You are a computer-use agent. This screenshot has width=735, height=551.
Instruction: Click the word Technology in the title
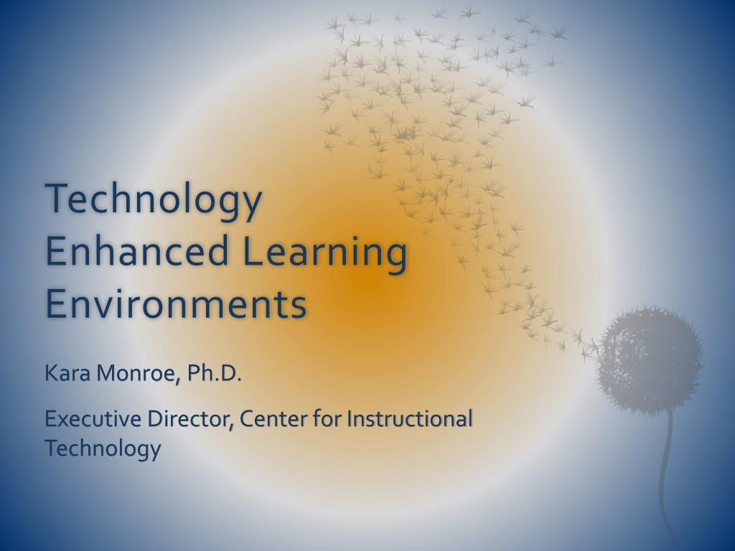[x=153, y=200]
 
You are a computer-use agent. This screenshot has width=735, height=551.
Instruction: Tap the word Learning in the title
[x=324, y=253]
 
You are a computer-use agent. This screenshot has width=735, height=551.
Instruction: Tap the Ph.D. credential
[x=215, y=373]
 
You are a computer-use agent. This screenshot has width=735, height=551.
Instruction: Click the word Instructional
[x=409, y=418]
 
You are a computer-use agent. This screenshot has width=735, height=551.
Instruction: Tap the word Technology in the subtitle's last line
[x=103, y=449]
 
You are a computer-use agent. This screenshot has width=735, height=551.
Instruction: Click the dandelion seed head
[x=650, y=359]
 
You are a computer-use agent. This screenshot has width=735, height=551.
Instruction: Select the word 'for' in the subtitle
[x=325, y=418]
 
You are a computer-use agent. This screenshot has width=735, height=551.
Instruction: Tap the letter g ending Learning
[x=395, y=257]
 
